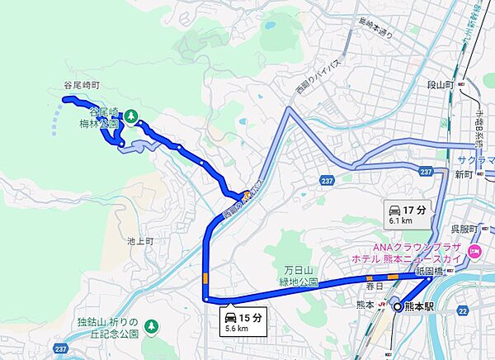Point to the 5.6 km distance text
234,328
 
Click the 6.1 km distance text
402,221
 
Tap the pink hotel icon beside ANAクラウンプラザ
474,250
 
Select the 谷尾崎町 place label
81,85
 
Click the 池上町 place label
141,241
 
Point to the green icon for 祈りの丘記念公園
151,328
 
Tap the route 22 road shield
463,310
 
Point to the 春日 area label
375,286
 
